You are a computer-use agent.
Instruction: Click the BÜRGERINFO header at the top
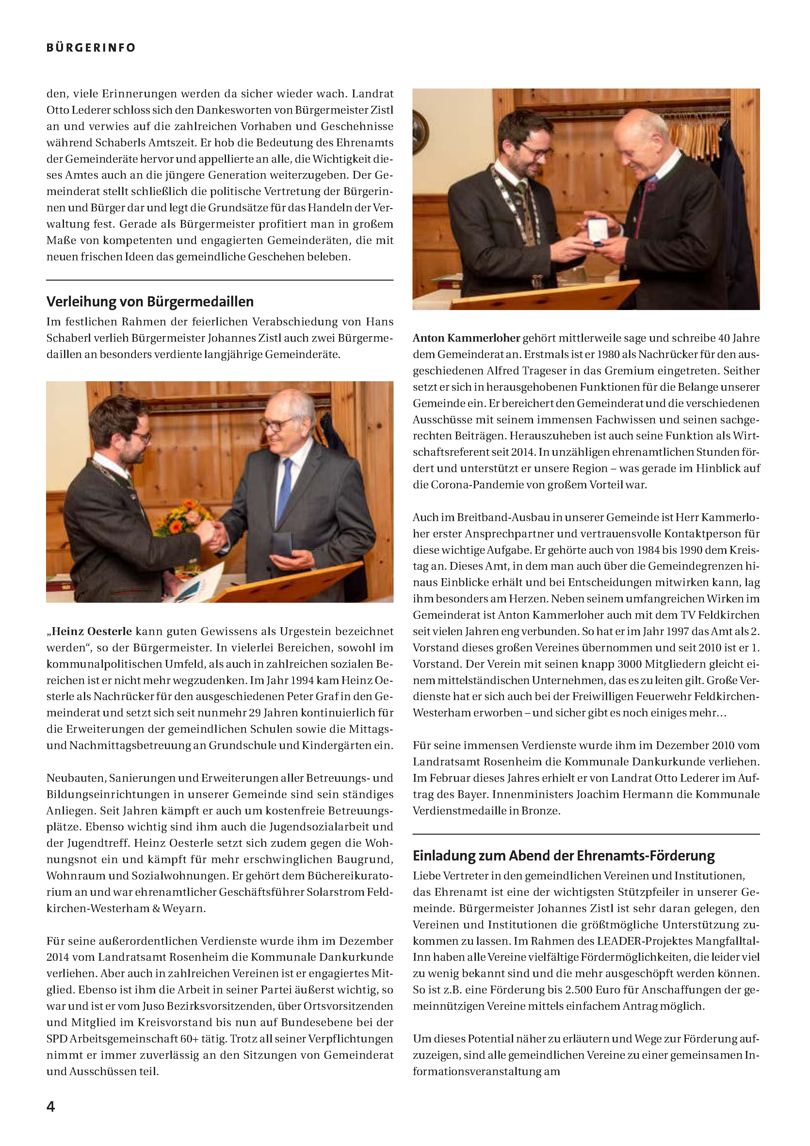coord(91,48)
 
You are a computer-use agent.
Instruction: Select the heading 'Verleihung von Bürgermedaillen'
coord(150,302)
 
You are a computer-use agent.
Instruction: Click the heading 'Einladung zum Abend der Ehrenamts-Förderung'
coord(563,856)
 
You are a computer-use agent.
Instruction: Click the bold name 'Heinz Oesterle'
coord(92,631)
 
